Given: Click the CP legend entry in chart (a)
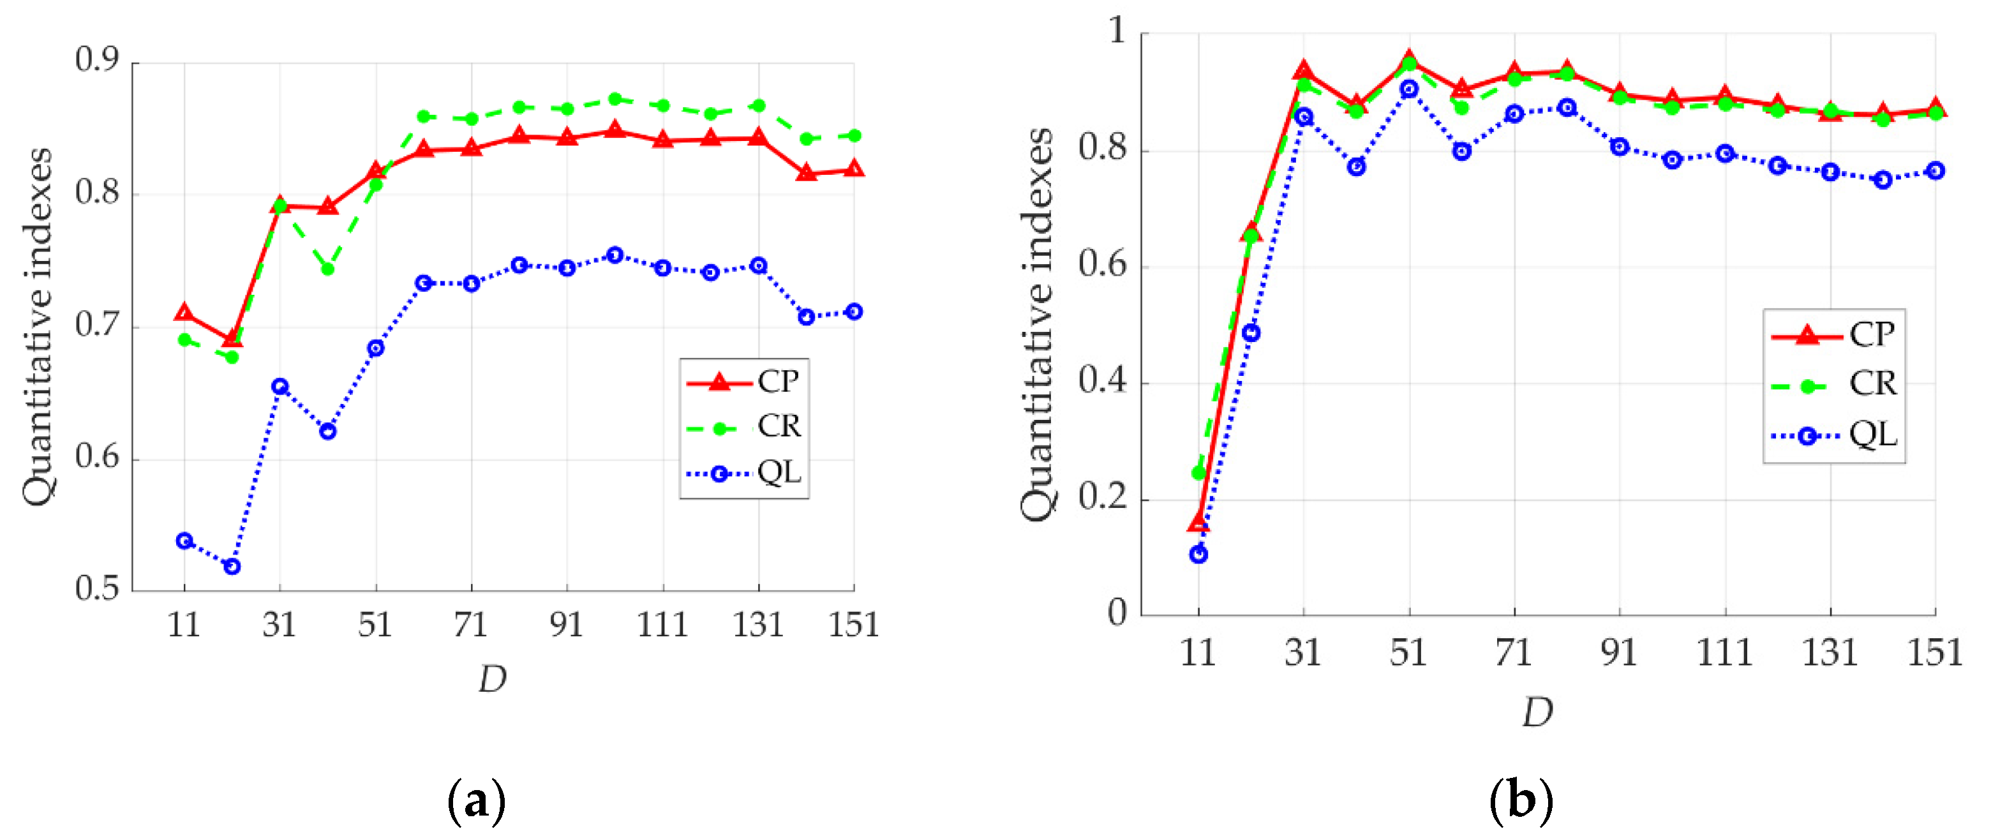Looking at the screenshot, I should [x=777, y=382].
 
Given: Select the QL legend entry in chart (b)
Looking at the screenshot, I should [x=1872, y=436].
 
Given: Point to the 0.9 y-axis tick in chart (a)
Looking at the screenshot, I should [x=98, y=60].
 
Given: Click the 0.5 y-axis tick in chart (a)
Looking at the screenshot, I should [x=98, y=590].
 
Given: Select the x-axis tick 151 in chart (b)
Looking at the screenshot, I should [x=1935, y=653].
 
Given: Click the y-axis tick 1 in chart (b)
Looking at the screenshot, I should [x=1117, y=31].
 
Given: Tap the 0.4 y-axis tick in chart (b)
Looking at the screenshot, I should [x=1102, y=381].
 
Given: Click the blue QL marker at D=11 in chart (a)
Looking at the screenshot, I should [x=184, y=541].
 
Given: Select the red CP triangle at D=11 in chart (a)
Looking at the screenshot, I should [x=184, y=312].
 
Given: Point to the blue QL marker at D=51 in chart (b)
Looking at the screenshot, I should [x=1409, y=89].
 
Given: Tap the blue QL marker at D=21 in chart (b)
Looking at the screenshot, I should [x=1251, y=333].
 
